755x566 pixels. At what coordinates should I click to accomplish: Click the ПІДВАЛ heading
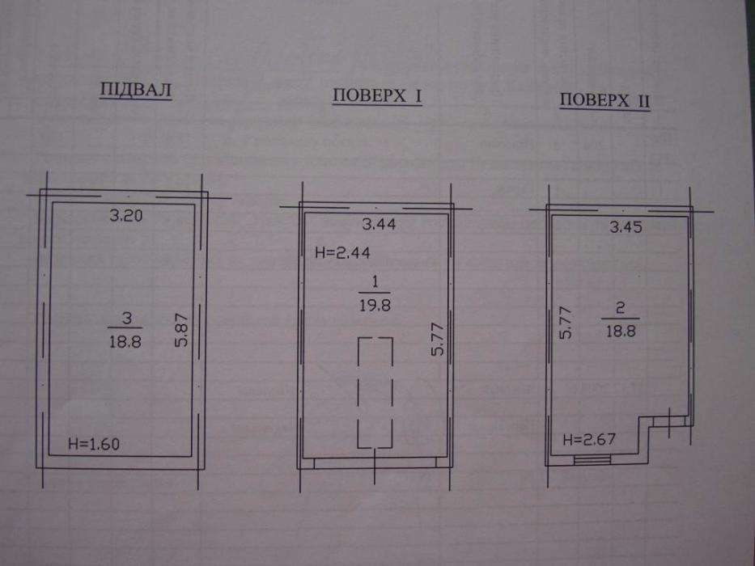pyautogui.click(x=135, y=90)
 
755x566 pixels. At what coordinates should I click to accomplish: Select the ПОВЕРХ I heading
pyautogui.click(x=377, y=95)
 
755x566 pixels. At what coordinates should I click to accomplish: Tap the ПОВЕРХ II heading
pyautogui.click(x=604, y=100)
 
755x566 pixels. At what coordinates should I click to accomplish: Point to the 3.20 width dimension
pyautogui.click(x=126, y=214)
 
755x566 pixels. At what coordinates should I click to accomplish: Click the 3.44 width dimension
pyautogui.click(x=379, y=224)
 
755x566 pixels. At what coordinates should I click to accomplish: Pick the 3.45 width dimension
pyautogui.click(x=626, y=226)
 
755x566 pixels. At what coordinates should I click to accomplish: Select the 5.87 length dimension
pyautogui.click(x=182, y=330)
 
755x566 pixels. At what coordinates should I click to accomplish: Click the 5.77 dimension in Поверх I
pyautogui.click(x=437, y=340)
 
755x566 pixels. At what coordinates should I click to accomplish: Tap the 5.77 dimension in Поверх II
pyautogui.click(x=566, y=323)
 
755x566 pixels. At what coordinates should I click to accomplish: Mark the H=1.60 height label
pyautogui.click(x=94, y=443)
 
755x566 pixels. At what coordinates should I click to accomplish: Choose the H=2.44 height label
pyautogui.click(x=342, y=252)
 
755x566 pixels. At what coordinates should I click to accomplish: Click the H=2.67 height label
pyautogui.click(x=589, y=439)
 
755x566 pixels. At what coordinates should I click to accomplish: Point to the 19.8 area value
pyautogui.click(x=375, y=305)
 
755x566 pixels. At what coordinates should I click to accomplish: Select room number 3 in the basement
pyautogui.click(x=126, y=318)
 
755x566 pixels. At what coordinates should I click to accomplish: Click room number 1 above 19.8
pyautogui.click(x=375, y=281)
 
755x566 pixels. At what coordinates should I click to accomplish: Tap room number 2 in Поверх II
pyautogui.click(x=621, y=307)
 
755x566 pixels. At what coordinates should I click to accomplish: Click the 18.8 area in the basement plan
pyautogui.click(x=125, y=341)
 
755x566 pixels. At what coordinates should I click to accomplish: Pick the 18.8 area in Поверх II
pyautogui.click(x=621, y=331)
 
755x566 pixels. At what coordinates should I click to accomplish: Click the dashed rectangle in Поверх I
pyautogui.click(x=358, y=392)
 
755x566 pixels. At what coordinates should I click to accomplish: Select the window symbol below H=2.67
pyautogui.click(x=592, y=460)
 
